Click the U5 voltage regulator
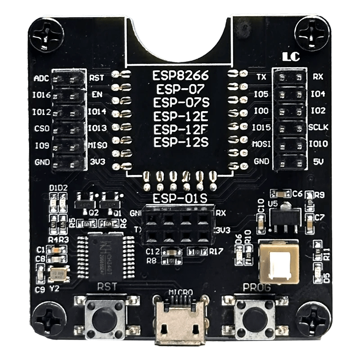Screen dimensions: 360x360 pos(283,216)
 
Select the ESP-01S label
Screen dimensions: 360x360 pos(180,198)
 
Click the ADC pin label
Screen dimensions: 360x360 pos(41,78)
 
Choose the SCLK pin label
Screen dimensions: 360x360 pos(318,128)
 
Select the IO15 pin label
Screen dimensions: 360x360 pos(261,128)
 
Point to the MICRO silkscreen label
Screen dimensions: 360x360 pos(180,292)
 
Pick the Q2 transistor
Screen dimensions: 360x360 pos(85,202)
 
